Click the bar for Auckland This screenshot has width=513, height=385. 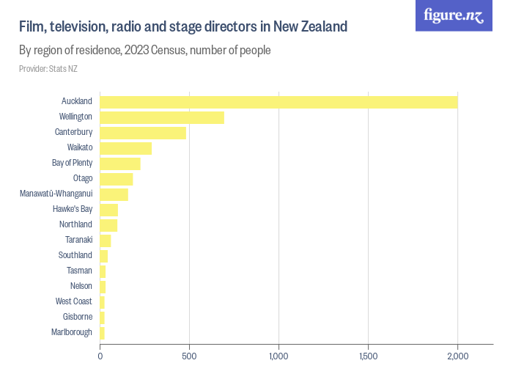click(x=278, y=102)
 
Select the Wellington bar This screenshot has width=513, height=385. click(x=162, y=117)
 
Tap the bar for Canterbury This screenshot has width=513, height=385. click(x=143, y=133)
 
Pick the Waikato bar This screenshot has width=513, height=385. click(x=126, y=148)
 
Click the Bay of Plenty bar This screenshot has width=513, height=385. click(x=120, y=164)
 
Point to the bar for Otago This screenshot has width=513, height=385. click(x=117, y=179)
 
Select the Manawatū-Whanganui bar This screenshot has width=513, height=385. click(x=114, y=194)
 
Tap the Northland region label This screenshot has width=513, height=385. click(x=75, y=224)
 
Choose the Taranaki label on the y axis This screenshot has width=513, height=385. click(x=78, y=240)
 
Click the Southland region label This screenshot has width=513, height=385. click(x=75, y=255)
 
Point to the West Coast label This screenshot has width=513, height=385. click(x=73, y=301)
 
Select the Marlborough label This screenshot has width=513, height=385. click(x=72, y=332)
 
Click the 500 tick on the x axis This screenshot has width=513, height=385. click(x=189, y=356)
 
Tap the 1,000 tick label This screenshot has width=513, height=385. click(x=278, y=356)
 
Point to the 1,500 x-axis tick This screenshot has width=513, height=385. click(x=368, y=356)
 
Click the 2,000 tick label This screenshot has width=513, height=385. click(x=457, y=356)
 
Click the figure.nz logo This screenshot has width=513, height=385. click(x=454, y=15)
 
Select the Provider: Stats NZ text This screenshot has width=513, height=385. click(x=48, y=69)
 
